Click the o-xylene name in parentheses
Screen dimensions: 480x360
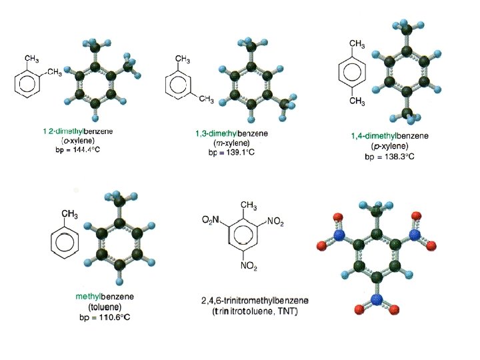point(78,141)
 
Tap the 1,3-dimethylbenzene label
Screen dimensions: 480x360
point(227,134)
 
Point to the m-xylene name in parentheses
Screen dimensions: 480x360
point(227,143)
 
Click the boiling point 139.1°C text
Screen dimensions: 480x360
point(227,153)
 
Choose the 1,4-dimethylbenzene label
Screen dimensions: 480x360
point(390,137)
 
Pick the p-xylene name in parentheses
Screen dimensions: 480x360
point(390,147)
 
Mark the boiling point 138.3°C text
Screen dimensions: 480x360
point(390,157)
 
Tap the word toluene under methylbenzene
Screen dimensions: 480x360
point(103,306)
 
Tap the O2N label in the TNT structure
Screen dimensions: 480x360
point(212,221)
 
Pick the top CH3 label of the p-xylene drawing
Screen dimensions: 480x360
point(357,44)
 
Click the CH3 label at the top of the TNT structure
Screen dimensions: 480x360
point(248,205)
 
